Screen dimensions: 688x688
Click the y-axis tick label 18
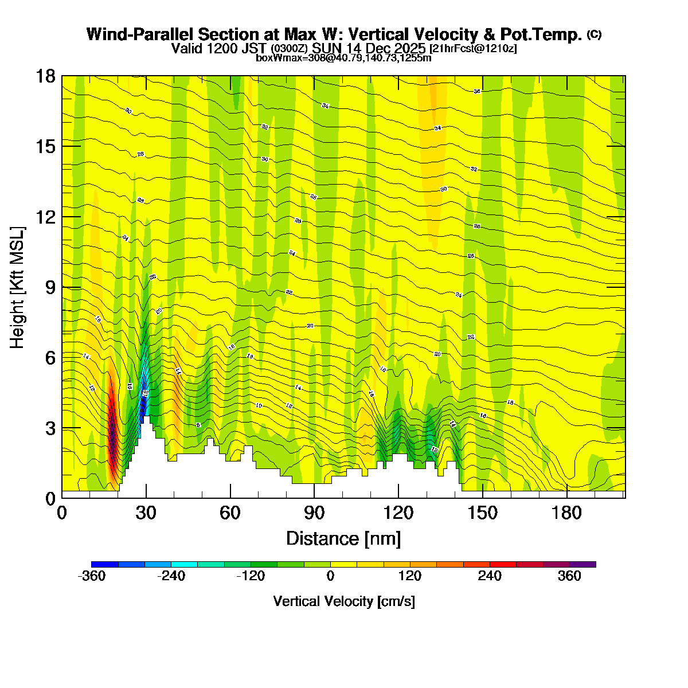45,76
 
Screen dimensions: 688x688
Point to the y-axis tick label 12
45,217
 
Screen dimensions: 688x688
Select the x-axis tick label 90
314,513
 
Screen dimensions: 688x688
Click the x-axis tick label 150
483,513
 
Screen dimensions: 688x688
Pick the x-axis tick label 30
146,513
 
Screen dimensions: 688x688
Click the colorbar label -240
171,576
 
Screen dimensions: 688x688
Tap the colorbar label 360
569,576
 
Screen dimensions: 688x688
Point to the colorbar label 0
330,576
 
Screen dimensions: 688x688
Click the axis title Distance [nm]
343,539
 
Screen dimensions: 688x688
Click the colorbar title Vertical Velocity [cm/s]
344,601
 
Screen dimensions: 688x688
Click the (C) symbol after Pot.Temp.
594,34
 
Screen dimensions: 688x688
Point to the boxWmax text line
343,57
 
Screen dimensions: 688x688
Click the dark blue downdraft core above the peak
143,401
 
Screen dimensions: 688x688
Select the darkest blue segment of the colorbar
104,564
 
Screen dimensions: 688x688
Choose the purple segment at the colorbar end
583,564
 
